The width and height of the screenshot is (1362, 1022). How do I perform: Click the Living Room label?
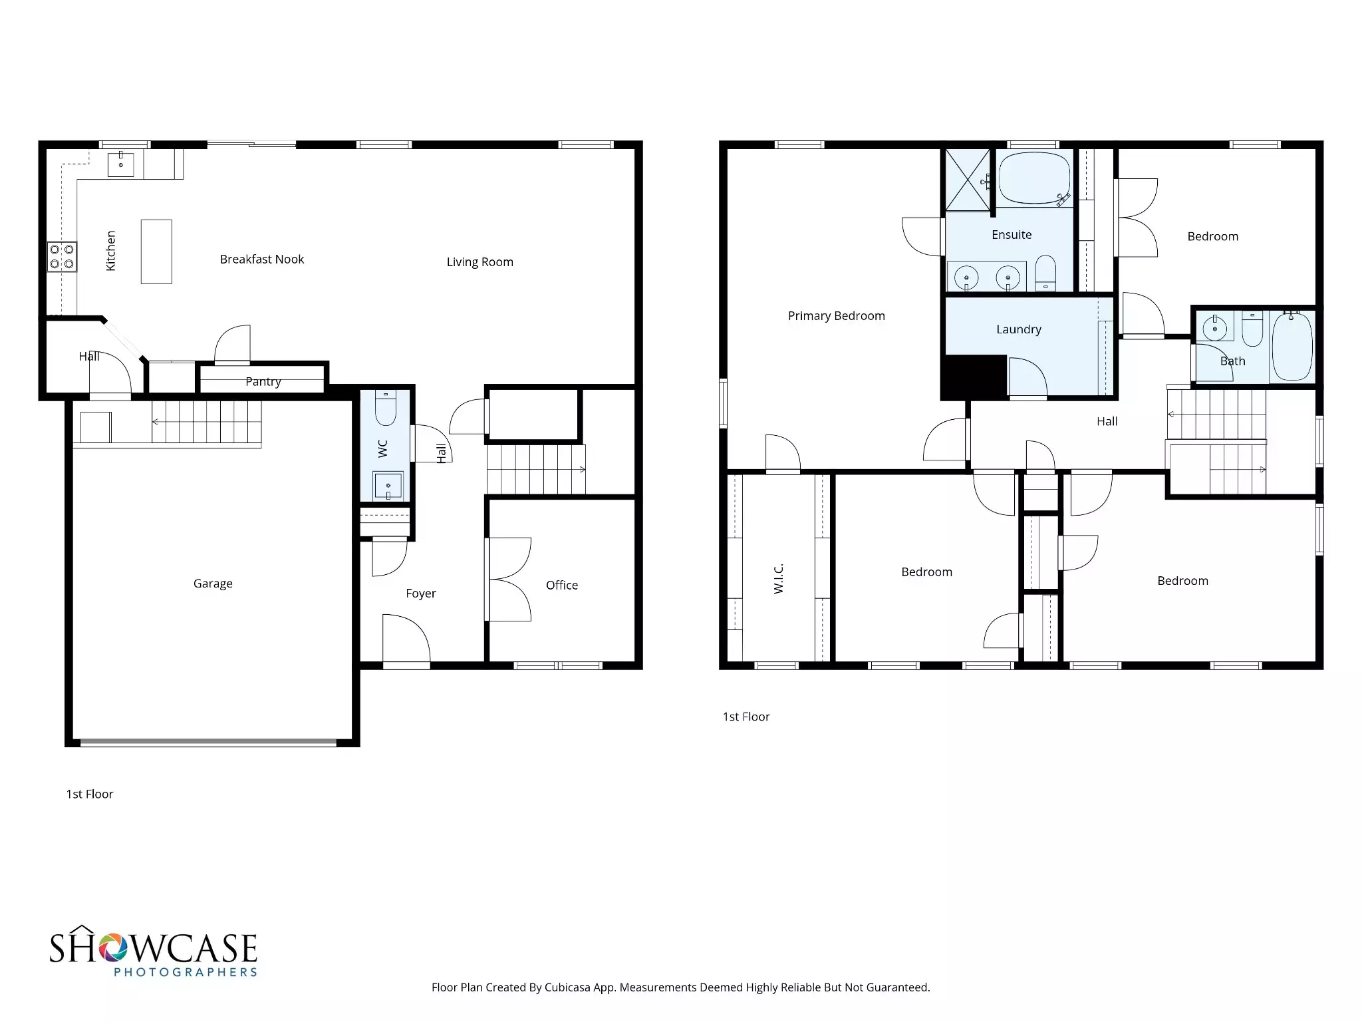pyautogui.click(x=479, y=262)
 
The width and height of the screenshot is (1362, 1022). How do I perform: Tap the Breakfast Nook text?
pyautogui.click(x=261, y=259)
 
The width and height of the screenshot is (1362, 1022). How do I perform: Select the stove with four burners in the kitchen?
pyautogui.click(x=62, y=257)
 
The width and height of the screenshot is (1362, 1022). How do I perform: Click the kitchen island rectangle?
pyautogui.click(x=156, y=252)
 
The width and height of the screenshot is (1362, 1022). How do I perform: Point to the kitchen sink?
pyautogui.click(x=121, y=164)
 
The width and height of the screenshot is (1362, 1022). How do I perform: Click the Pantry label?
pyautogui.click(x=263, y=382)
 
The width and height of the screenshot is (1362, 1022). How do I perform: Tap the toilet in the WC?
pyautogui.click(x=386, y=407)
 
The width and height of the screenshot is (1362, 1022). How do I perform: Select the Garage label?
pyautogui.click(x=213, y=584)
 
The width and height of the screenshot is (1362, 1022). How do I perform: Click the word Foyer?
pyautogui.click(x=420, y=594)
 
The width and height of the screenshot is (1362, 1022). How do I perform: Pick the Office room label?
pyautogui.click(x=561, y=586)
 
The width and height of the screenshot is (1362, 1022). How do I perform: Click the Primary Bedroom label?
pyautogui.click(x=836, y=316)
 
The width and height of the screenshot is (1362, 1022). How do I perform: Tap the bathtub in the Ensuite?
pyautogui.click(x=1034, y=178)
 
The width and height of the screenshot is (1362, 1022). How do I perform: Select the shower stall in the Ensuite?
pyautogui.click(x=968, y=180)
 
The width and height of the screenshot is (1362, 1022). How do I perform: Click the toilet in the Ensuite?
pyautogui.click(x=1045, y=273)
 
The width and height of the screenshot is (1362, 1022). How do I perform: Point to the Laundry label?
pyautogui.click(x=1018, y=329)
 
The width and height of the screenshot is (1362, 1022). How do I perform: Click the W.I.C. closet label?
pyautogui.click(x=779, y=578)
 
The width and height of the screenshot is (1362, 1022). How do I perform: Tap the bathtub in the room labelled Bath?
pyautogui.click(x=1292, y=346)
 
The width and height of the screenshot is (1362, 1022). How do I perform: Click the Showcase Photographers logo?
pyautogui.click(x=153, y=952)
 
